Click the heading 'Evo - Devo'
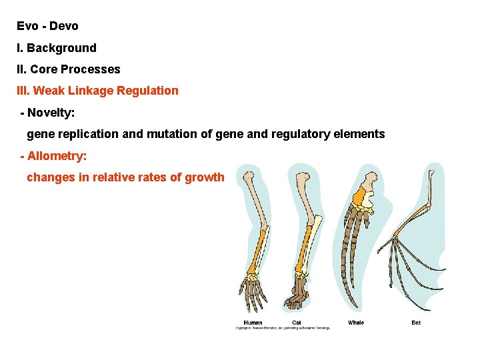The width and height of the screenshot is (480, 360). pyautogui.click(x=47, y=26)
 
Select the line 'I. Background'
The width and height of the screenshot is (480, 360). pyautogui.click(x=57, y=48)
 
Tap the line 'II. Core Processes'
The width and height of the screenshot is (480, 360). pyautogui.click(x=69, y=69)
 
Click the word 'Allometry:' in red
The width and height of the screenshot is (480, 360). pyautogui.click(x=57, y=156)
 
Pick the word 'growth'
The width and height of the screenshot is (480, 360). pyautogui.click(x=207, y=178)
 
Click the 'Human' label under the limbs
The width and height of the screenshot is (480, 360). pyautogui.click(x=253, y=323)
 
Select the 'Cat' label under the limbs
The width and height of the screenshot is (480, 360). pyautogui.click(x=296, y=323)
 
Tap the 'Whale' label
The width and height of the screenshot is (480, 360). pyautogui.click(x=356, y=323)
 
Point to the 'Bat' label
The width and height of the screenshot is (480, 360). pyautogui.click(x=416, y=323)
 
